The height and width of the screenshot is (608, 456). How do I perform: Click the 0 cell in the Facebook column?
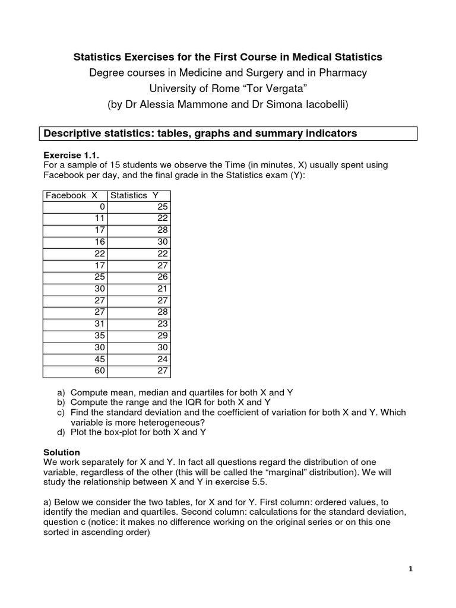[x=102, y=207]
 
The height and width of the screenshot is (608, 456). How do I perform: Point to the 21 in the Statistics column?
[x=163, y=289]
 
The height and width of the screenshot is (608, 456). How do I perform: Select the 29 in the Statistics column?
[x=163, y=335]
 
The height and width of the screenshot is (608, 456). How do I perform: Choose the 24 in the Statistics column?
[x=163, y=359]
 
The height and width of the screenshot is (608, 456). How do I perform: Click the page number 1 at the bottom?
[x=410, y=569]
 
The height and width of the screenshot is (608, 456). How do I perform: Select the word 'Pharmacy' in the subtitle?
[x=344, y=73]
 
